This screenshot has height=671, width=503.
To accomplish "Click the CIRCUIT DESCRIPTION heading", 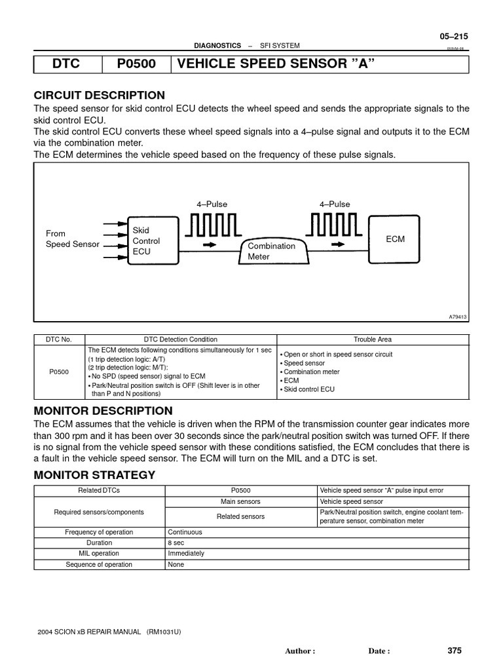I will pos(99,95).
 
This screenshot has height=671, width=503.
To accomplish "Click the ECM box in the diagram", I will pos(395,239).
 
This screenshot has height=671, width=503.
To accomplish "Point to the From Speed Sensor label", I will pos(72,239).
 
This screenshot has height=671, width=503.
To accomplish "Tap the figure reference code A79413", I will pos(458,316).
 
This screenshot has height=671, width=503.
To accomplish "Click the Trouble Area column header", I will pos(373,339).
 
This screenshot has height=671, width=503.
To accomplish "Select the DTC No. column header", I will pos(59,339).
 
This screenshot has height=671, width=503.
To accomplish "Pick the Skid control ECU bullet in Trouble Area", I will pos(308,389).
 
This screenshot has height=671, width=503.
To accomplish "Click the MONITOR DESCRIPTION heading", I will pos(103,412).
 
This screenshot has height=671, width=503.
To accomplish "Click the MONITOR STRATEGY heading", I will pos(94,474).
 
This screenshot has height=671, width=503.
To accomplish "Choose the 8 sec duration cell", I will pos(176,543).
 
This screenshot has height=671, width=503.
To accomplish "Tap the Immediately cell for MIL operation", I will pos(186,554).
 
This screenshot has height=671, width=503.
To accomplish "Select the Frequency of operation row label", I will pos(99,533).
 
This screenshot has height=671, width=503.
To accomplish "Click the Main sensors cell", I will pos(240,501).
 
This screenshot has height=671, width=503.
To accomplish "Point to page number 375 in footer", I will pos(455,651).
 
